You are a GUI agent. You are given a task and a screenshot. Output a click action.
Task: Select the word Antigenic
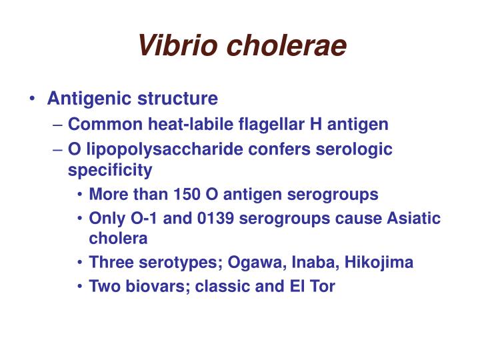coord(91,99)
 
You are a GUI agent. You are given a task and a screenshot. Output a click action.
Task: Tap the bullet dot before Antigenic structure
coord(33,99)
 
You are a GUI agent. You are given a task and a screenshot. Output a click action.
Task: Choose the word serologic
coord(357,149)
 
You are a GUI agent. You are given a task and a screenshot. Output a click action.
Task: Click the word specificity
coord(110,170)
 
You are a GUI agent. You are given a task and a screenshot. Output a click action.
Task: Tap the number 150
coord(187,195)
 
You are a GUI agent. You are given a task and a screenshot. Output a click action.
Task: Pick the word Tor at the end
coord(323,287)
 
